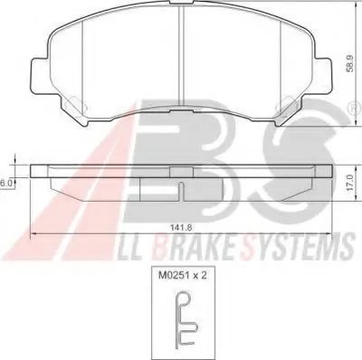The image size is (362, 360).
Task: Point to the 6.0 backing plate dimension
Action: pyautogui.click(x=6, y=183)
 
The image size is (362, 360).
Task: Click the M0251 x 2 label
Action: pyautogui.click(x=183, y=275)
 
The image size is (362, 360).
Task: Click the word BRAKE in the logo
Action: pyautogui.click(x=193, y=247)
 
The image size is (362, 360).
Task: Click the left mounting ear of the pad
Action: pyautogui.click(x=41, y=74)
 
